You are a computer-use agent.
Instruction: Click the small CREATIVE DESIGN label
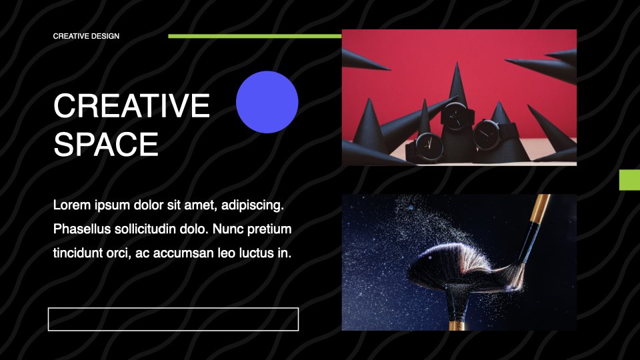[86, 36]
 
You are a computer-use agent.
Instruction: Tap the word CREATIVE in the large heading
[131, 106]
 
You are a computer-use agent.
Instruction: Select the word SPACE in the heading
[106, 145]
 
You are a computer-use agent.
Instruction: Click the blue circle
[267, 102]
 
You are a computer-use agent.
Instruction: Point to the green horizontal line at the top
[255, 36]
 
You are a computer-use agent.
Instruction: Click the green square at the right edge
[629, 180]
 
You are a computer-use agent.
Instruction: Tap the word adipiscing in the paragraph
[252, 205]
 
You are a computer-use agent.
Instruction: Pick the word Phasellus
[82, 229]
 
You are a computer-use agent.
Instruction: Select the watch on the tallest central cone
[455, 116]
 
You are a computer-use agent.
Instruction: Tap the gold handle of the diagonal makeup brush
[541, 208]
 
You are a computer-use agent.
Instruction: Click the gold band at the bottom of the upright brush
[457, 326]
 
